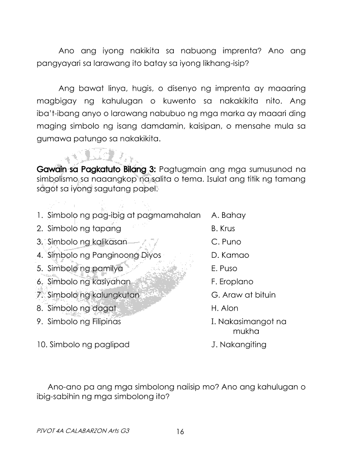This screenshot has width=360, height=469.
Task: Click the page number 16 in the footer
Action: [180, 432]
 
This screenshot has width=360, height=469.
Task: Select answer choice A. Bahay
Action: [228, 215]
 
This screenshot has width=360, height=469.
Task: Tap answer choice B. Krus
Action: [223, 228]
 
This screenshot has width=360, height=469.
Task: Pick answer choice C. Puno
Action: [226, 242]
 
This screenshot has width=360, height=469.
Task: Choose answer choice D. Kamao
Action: [230, 255]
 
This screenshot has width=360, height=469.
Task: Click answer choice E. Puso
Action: [224, 268]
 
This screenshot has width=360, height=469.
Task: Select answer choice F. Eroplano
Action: [232, 282]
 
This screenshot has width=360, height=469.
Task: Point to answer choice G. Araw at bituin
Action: [243, 295]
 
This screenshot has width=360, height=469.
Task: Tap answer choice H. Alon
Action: [225, 308]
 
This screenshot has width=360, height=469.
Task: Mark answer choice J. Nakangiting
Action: [238, 345]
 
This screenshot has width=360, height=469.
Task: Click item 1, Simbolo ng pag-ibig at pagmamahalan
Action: [119, 215]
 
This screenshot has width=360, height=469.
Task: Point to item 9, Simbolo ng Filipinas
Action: [79, 322]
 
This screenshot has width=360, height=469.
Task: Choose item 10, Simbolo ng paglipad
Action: [83, 345]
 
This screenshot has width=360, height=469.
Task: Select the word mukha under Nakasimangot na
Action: [246, 331]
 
